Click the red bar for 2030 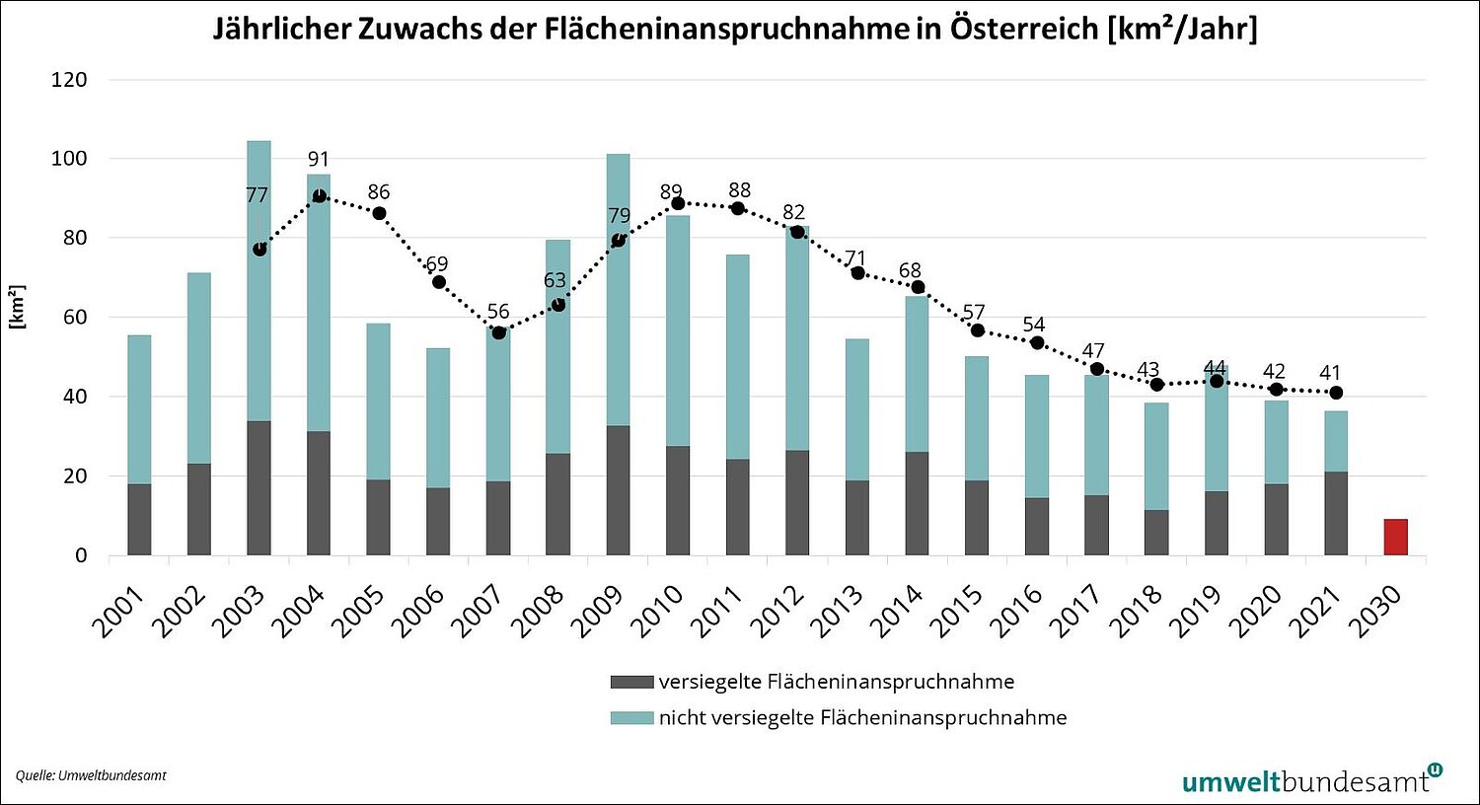click(1395, 538)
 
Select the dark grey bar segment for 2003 click(259, 488)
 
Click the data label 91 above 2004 click(318, 160)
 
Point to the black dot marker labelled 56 click(499, 332)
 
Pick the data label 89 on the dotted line click(671, 191)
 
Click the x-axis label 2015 click(961, 611)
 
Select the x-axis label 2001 click(119, 611)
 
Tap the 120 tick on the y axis click(69, 80)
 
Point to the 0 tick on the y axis click(81, 555)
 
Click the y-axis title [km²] click(17, 307)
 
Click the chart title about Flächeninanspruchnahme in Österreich click(735, 29)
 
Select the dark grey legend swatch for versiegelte click(631, 682)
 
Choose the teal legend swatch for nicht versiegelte click(631, 718)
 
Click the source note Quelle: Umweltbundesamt click(91, 775)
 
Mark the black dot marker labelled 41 click(1336, 393)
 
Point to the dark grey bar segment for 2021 click(1335, 513)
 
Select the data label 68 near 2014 click(910, 270)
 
